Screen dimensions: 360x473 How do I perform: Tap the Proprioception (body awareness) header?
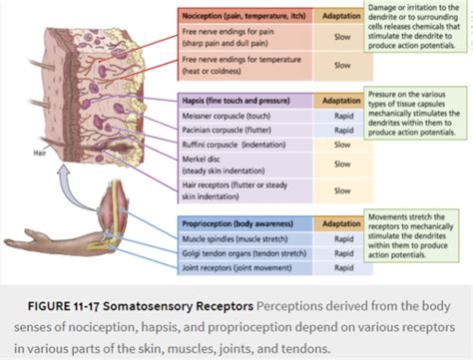click(237, 223)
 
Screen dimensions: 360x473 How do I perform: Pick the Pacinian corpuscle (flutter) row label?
click(228, 129)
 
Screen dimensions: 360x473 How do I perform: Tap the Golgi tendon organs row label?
click(241, 253)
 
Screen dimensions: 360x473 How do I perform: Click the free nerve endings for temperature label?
click(239, 65)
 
